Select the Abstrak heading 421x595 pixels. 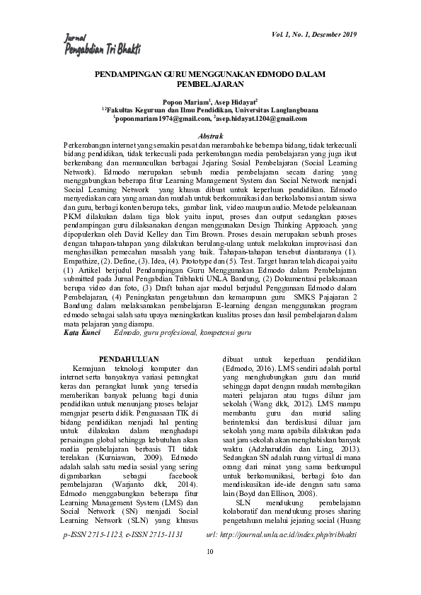(210, 134)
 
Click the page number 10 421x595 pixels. (210, 570)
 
